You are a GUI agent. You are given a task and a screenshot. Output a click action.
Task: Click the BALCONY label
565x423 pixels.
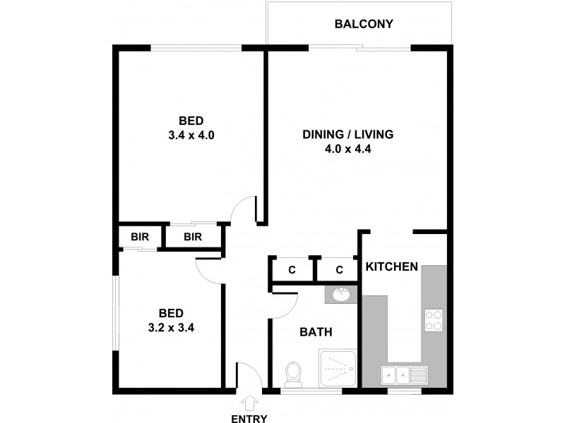tap(364, 25)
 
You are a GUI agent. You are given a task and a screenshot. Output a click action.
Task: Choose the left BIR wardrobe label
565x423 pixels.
tap(140, 237)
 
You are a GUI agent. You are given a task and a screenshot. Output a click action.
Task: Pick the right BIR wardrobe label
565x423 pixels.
tap(193, 237)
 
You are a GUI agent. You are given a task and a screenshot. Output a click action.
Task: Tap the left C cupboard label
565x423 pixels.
tap(291, 270)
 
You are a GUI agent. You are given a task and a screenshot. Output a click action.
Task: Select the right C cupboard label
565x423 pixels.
tap(338, 270)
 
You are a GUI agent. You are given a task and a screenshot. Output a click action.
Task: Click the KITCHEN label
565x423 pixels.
tap(392, 267)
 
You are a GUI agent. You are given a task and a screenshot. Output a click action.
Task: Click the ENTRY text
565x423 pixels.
tap(249, 419)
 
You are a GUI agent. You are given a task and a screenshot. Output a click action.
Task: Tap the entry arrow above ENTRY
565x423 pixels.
tap(249, 403)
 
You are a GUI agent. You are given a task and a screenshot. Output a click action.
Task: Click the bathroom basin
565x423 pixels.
tap(342, 295)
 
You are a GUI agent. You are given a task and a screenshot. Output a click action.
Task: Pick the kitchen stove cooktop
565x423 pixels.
tap(434, 321)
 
